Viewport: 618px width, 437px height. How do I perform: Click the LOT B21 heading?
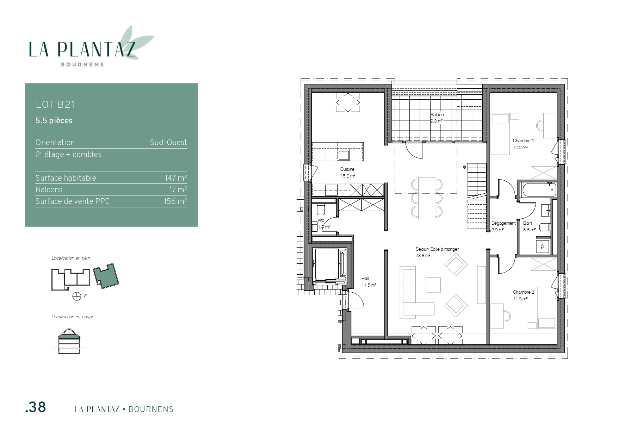point(55,105)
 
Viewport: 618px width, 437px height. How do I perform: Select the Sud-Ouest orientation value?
point(168,142)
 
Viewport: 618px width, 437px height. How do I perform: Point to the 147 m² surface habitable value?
point(176,178)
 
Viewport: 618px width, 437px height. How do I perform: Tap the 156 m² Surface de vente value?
point(175,201)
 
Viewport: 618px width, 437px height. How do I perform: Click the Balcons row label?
point(49,189)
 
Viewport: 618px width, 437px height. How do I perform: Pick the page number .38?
point(36,407)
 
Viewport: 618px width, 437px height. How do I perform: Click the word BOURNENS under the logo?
point(82,64)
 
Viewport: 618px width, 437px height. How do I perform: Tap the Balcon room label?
point(437,115)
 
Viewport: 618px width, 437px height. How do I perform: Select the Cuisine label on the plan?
point(347,169)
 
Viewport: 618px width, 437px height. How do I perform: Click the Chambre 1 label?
point(523,141)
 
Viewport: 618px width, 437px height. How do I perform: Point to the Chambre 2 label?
point(524,292)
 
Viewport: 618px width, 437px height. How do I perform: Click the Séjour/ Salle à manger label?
point(437,249)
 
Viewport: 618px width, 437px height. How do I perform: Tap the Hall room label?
point(365,279)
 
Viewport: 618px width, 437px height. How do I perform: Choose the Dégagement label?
point(503,223)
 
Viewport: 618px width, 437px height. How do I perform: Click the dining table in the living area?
point(427,198)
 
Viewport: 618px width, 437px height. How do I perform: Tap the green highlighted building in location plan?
point(106,276)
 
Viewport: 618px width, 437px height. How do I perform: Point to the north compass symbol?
point(77,296)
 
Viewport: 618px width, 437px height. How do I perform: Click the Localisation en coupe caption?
point(73,317)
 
